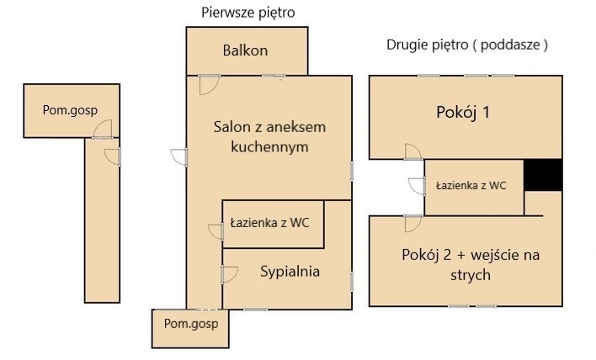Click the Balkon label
click(x=245, y=50)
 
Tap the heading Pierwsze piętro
click(x=248, y=13)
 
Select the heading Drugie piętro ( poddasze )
click(x=467, y=45)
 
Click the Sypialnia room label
click(x=290, y=272)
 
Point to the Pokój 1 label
click(x=463, y=113)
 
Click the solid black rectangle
click(x=543, y=175)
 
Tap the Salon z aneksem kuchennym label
click(x=269, y=137)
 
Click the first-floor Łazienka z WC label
click(x=270, y=223)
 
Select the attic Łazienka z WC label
click(x=471, y=185)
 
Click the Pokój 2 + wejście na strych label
click(x=471, y=264)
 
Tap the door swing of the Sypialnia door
click(x=229, y=274)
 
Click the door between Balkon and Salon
click(x=209, y=84)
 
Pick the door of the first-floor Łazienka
click(x=216, y=231)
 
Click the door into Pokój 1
click(x=413, y=151)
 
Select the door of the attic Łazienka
click(x=417, y=186)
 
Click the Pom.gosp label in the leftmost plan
click(x=70, y=110)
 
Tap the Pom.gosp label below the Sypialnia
click(x=191, y=324)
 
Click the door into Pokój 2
click(x=413, y=223)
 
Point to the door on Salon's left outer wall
click(x=179, y=156)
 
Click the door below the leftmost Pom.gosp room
click(x=113, y=156)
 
